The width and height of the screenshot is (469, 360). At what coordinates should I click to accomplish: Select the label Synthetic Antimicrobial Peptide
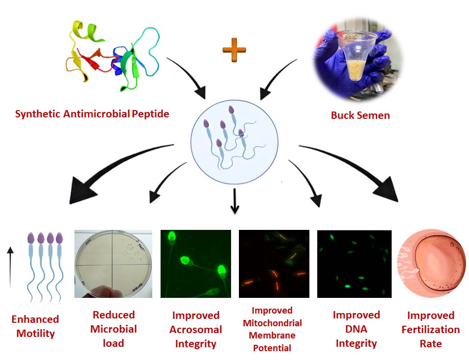tap(92, 114)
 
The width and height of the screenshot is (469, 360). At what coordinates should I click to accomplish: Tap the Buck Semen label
tap(360, 115)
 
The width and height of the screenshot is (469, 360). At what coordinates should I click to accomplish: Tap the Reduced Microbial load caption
tap(114, 329)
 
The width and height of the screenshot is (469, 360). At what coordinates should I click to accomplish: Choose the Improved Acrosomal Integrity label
tap(196, 329)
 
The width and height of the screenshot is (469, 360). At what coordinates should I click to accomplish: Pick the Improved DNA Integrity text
tap(356, 329)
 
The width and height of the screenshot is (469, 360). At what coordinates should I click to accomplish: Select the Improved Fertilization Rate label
tap(431, 329)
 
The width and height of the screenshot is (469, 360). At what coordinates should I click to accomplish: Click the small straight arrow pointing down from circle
tap(234, 202)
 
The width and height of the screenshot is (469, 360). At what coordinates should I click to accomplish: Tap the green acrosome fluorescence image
tap(196, 264)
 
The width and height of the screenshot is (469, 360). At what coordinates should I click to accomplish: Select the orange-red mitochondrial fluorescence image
tap(274, 264)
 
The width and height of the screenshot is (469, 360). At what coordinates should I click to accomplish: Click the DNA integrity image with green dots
tap(354, 264)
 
